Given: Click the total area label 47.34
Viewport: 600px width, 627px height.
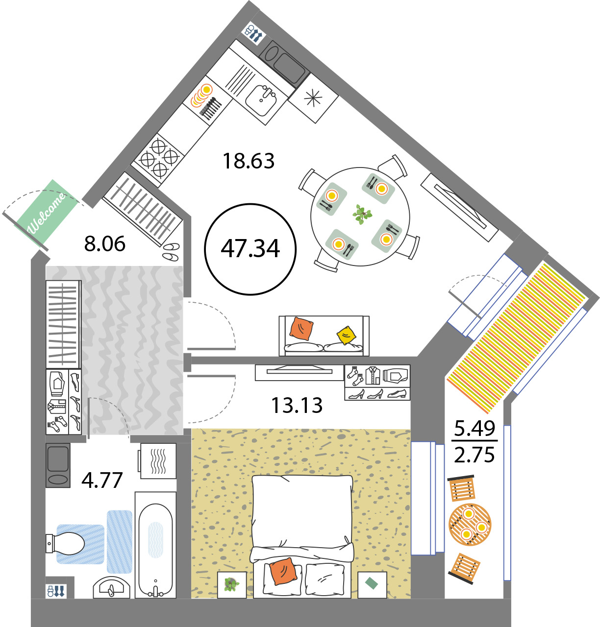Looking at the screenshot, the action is click(x=250, y=249).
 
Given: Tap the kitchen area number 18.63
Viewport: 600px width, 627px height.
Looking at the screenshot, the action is click(x=248, y=161).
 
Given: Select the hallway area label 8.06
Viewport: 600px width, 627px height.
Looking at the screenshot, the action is click(x=104, y=243).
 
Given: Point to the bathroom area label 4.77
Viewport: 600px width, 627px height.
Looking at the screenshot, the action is click(x=102, y=480).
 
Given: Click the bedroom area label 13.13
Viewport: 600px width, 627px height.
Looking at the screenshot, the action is click(x=297, y=405).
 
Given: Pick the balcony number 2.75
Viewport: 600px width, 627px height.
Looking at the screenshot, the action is click(x=474, y=455).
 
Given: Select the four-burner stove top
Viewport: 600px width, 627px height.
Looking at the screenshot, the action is click(x=158, y=157).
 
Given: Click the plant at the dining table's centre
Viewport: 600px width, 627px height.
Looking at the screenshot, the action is click(x=362, y=214).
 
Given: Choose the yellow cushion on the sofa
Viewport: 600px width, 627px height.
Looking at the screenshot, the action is click(x=346, y=335).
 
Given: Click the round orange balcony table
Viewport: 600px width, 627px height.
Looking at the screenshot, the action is click(x=470, y=525).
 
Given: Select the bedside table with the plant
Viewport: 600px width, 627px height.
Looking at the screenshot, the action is click(x=232, y=585).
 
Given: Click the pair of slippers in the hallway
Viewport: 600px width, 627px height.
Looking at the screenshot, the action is click(x=171, y=251).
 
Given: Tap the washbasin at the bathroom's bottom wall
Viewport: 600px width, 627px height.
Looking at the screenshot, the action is click(x=112, y=587).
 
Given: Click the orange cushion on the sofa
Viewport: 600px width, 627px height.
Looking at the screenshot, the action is click(x=301, y=329).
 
